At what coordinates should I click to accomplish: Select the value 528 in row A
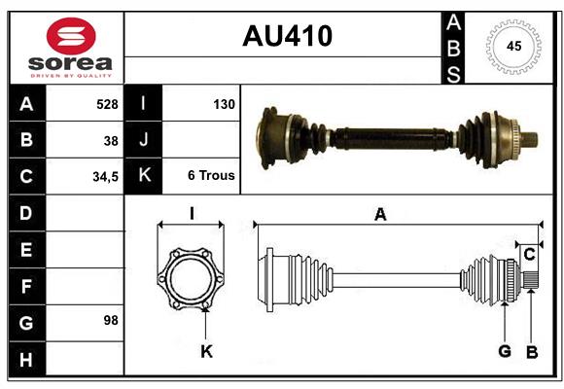tap(106, 103)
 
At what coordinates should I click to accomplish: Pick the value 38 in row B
tap(111, 140)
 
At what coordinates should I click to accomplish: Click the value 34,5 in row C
tap(104, 177)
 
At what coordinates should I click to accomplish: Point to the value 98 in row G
tap(111, 319)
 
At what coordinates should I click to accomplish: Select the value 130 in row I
tap(223, 103)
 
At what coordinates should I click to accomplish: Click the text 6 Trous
tap(211, 176)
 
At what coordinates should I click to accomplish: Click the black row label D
tap(25, 212)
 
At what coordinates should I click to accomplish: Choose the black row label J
tap(143, 140)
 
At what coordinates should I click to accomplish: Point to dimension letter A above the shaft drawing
tap(380, 215)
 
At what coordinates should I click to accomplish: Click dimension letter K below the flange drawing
tap(206, 351)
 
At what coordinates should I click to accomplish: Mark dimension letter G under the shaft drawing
tap(505, 351)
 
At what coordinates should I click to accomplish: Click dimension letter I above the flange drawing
tap(192, 214)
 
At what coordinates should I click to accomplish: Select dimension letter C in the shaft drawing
tap(529, 255)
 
